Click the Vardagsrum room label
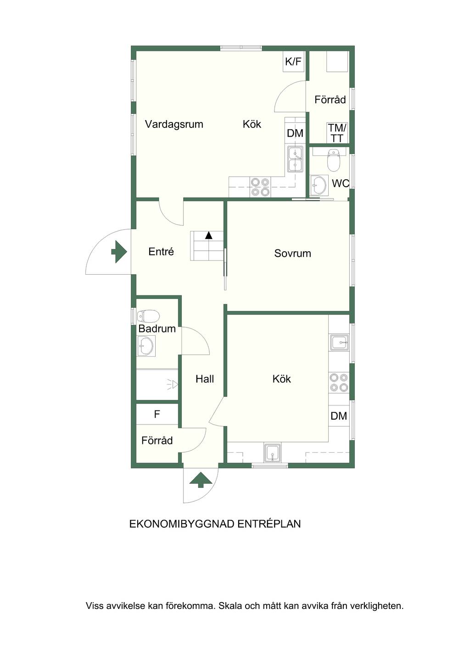click(x=174, y=124)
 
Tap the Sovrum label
click(x=292, y=254)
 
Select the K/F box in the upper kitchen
click(x=293, y=61)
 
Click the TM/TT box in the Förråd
click(x=337, y=133)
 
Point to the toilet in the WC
click(x=334, y=160)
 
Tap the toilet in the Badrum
click(x=148, y=316)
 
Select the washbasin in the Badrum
click(x=145, y=346)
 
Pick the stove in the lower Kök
click(x=339, y=382)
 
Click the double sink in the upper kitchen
click(x=295, y=159)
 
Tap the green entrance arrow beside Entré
click(x=119, y=252)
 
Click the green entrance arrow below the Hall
click(x=201, y=480)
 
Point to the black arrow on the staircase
click(x=209, y=235)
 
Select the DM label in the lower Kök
click(x=339, y=416)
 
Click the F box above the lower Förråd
click(x=157, y=414)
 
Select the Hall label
click(x=205, y=379)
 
